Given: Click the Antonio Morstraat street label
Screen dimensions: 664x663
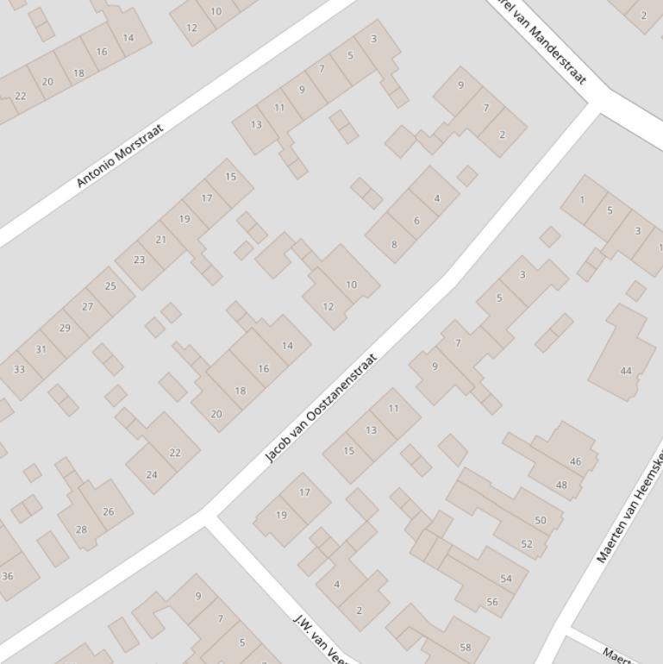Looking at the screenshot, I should coord(120,156).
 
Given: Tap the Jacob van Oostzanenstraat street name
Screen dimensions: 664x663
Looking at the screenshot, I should coord(321,408).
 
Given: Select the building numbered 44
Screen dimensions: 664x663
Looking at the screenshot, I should coord(626,371).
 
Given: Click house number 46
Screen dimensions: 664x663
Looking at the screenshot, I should coord(575,461).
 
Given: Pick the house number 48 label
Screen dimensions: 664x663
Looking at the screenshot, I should coord(561,485).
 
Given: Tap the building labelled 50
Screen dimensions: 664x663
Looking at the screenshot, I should coord(541,520).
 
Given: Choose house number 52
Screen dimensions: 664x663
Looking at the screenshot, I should coord(527,543).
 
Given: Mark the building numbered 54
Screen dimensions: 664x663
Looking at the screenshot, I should coord(506,579).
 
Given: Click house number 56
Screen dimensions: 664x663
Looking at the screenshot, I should coord(492,602).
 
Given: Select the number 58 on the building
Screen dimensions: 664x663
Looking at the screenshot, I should coord(466,647).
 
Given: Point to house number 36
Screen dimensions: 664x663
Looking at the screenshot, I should coord(8,575).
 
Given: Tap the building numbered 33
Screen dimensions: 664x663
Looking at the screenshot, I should coord(19,370).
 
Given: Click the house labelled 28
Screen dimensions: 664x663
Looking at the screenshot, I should coord(81,529).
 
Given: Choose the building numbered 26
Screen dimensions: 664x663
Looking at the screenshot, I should coord(109,511).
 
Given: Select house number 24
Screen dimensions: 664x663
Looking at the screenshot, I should coord(152,474).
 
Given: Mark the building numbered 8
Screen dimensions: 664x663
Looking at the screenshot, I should coord(394,244).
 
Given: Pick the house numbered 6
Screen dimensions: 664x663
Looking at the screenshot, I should coord(416,221).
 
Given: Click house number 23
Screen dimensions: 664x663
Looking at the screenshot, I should coord(139,260).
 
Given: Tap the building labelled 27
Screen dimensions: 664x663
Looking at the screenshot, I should coord(87,306).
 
